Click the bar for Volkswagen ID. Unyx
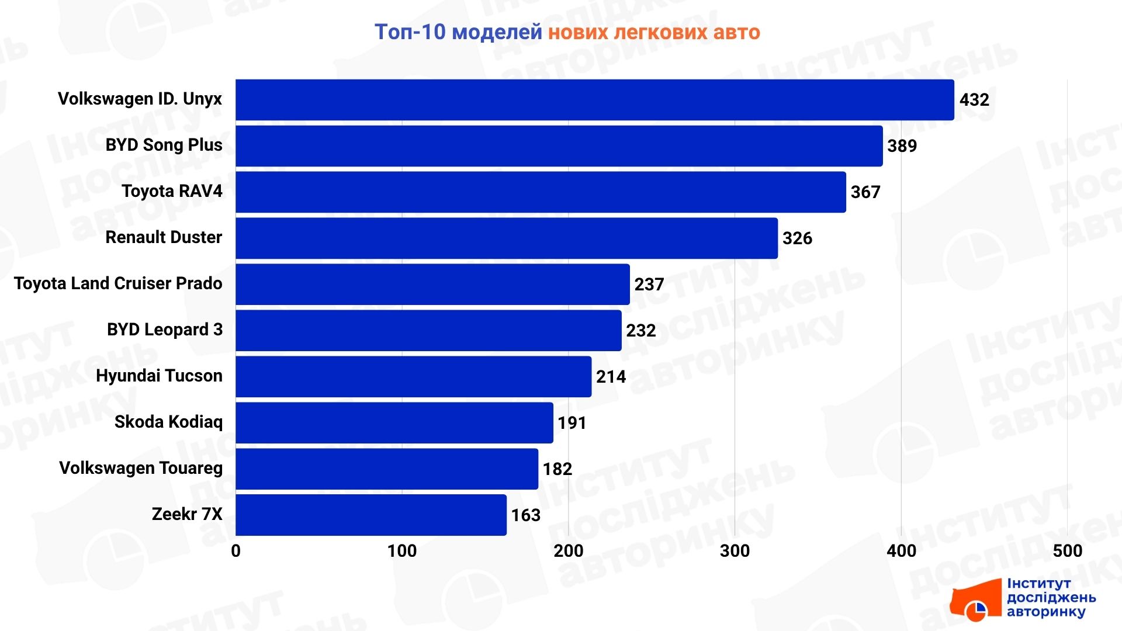click(594, 100)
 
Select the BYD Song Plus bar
click(559, 146)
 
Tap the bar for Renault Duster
click(506, 238)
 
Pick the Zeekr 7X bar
click(370, 515)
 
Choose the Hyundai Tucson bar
click(413, 377)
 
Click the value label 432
click(974, 100)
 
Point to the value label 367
click(865, 192)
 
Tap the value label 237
click(649, 285)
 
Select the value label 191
click(572, 422)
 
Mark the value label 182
click(557, 469)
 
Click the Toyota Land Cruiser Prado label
click(118, 283)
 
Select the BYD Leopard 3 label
click(165, 330)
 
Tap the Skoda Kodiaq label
click(168, 422)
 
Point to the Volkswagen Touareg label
click(141, 468)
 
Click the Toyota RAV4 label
click(172, 191)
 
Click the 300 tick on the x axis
click(735, 551)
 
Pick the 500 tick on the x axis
click(1067, 551)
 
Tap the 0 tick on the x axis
click(236, 551)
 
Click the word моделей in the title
click(497, 32)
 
